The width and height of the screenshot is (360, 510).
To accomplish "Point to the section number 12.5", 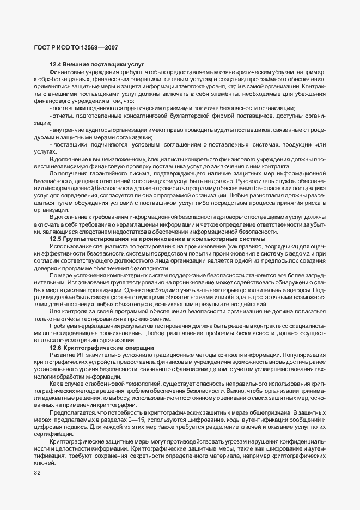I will tap(56, 239).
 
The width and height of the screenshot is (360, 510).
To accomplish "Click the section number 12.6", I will tap(56, 347).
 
